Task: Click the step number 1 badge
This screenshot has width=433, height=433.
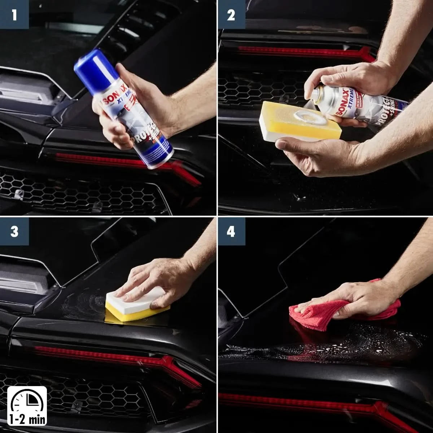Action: (x=14, y=15)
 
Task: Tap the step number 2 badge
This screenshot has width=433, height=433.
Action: (x=231, y=15)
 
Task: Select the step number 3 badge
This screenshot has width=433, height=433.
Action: (x=14, y=231)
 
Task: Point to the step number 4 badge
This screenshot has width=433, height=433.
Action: (x=231, y=231)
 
